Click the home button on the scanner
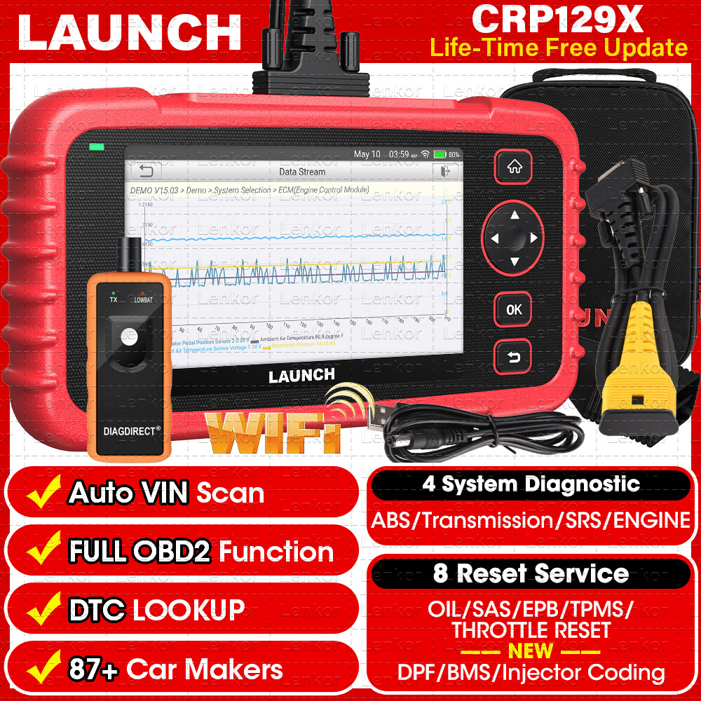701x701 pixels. pos(515,168)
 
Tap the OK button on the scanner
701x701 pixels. pos(514,309)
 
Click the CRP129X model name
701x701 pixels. pos(557,20)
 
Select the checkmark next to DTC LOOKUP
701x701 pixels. pos(43,609)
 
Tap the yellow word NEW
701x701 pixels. pos(530,651)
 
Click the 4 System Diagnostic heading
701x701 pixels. pos(531,484)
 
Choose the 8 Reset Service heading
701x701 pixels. pos(531,573)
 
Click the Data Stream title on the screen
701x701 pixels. pos(302,172)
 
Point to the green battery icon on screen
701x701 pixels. pos(440,154)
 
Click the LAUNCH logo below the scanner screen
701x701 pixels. pos(301,376)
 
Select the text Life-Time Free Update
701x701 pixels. pos(558,48)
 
